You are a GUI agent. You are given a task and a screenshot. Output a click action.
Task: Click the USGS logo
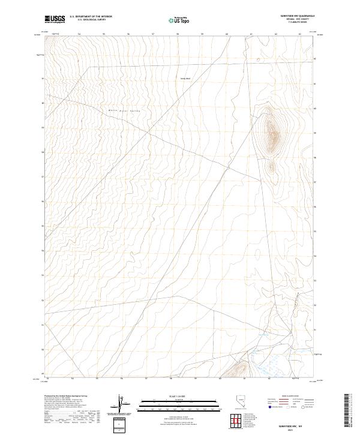[x=55, y=19]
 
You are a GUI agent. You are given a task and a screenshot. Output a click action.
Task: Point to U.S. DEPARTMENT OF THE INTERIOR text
[x=91, y=16]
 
